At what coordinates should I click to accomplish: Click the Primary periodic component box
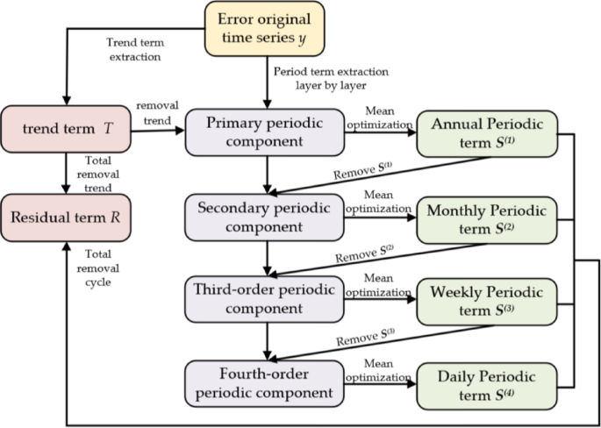(264, 134)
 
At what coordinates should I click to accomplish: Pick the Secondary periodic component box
(264, 217)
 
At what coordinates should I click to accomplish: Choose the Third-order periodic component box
(264, 299)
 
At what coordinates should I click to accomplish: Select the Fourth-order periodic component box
(264, 382)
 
